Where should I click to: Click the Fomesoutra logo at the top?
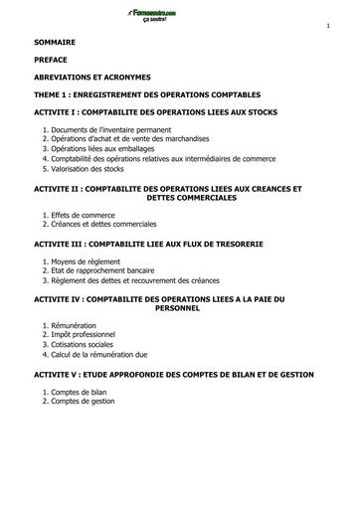(179, 15)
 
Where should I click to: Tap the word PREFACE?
(51, 62)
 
